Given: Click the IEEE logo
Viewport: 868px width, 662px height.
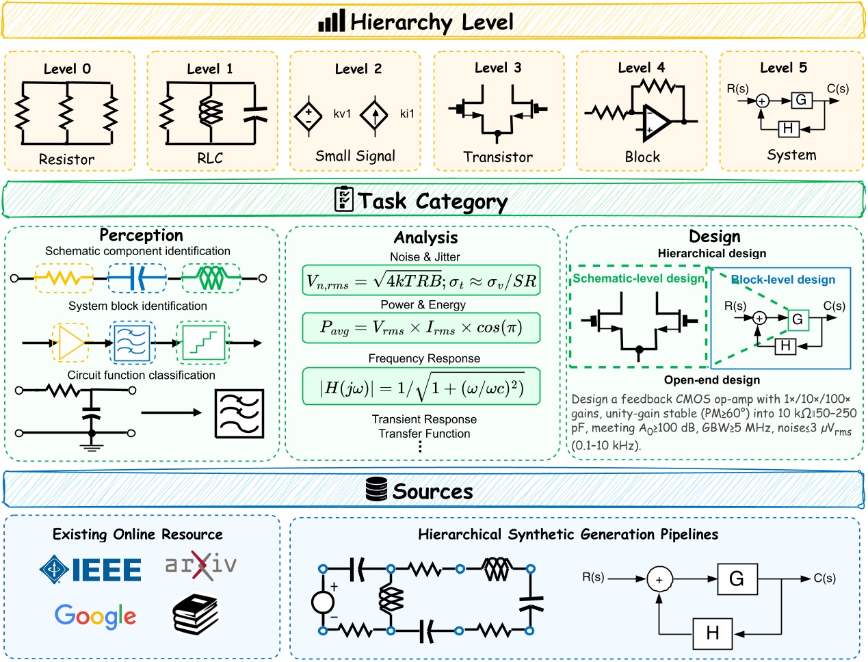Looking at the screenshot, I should [91, 569].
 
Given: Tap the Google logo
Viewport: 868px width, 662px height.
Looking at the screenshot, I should [95, 617].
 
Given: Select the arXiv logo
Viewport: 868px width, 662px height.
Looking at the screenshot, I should [201, 565].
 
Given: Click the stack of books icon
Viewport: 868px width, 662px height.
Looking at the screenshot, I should [196, 613].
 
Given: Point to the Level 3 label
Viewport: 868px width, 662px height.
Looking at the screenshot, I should [498, 68].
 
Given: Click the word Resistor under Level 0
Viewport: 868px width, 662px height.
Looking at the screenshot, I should [66, 159].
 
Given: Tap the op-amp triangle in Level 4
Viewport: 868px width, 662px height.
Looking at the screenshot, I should [656, 122].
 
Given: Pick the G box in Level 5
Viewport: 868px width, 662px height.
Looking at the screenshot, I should [801, 100].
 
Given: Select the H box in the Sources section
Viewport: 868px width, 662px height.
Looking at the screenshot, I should [713, 633].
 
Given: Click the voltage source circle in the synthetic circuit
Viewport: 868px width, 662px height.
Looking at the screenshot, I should [323, 603].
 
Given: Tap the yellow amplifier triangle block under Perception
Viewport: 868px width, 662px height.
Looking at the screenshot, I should [70, 343].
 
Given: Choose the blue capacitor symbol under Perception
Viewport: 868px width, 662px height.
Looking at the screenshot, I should [137, 278].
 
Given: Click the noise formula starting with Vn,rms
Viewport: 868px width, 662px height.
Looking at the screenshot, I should [421, 281].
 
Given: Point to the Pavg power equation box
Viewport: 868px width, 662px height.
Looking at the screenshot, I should [421, 328].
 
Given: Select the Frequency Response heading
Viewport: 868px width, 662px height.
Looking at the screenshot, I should [424, 358].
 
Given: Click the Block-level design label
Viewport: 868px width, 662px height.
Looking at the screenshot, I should [783, 280].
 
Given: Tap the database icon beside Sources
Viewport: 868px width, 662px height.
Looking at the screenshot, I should [377, 490].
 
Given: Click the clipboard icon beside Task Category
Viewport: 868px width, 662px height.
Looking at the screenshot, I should [343, 199].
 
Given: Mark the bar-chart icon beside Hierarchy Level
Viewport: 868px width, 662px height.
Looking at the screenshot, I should [331, 21].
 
